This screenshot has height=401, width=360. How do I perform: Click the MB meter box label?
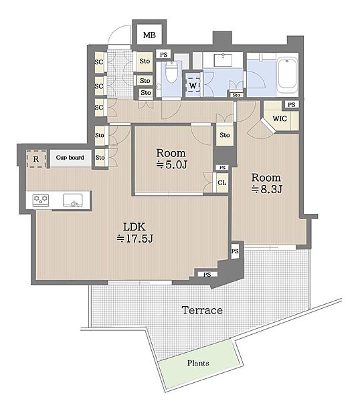tap(149, 35)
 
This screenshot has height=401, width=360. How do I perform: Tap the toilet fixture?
tap(171, 72)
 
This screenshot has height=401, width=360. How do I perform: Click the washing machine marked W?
tap(193, 85)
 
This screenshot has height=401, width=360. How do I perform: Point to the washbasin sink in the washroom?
tap(223, 60)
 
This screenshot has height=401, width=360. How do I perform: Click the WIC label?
tap(280, 118)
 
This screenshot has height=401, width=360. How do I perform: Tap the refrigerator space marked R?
tap(36, 159)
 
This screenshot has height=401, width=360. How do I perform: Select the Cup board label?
tap(70, 158)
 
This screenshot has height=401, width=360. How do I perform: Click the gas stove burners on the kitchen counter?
tap(41, 200)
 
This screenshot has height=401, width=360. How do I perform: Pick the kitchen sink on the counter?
tap(73, 200)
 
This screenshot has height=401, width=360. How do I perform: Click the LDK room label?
tap(134, 227)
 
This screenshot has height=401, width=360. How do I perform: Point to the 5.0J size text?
tap(172, 165)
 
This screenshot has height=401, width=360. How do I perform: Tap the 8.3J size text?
tap(267, 190)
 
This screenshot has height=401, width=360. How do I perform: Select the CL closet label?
tap(222, 182)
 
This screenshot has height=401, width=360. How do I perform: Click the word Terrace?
tap(202, 310)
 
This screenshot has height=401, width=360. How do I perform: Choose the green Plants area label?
tap(198, 363)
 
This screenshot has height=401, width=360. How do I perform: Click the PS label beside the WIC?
tap(291, 105)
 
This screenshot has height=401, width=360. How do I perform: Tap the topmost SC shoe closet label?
tap(99, 62)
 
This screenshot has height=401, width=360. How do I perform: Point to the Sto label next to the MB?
tap(145, 61)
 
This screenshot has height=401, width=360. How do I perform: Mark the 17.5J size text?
tap(135, 239)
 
